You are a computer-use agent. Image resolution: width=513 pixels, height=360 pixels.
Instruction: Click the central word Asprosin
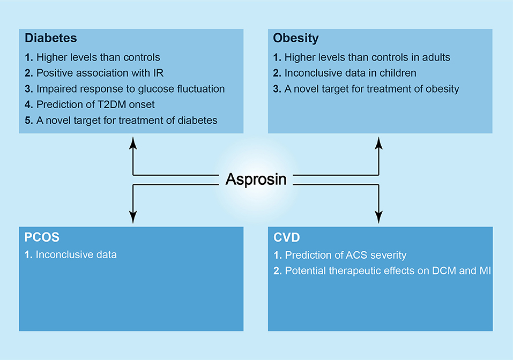click(256, 179)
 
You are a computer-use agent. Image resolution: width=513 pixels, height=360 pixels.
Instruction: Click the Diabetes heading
click(51, 38)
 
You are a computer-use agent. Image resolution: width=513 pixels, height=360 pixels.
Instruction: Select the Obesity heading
click(296, 38)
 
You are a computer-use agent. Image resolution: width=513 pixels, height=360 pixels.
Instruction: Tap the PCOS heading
click(42, 237)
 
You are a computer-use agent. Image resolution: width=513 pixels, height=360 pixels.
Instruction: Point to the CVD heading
click(287, 237)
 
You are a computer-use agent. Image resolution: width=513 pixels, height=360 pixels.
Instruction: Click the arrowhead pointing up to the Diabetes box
click(133, 143)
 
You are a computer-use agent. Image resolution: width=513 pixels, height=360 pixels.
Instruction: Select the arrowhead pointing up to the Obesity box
click(378, 143)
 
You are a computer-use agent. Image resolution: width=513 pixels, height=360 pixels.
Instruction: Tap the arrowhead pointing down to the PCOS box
click(133, 217)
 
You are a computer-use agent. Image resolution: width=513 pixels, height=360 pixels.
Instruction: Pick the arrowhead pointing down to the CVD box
click(378, 217)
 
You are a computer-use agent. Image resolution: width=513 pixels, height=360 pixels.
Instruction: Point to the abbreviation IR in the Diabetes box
click(158, 73)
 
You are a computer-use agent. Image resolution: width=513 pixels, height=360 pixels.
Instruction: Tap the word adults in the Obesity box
click(436, 57)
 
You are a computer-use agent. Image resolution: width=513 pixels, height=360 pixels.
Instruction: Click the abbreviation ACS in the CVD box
click(356, 255)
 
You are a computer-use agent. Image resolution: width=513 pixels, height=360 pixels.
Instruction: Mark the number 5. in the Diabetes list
click(29, 121)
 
